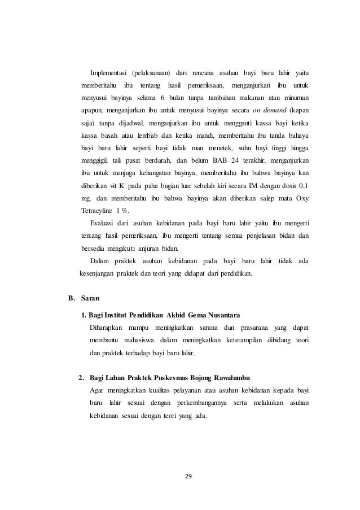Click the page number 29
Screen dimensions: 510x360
pyautogui.click(x=188, y=477)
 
